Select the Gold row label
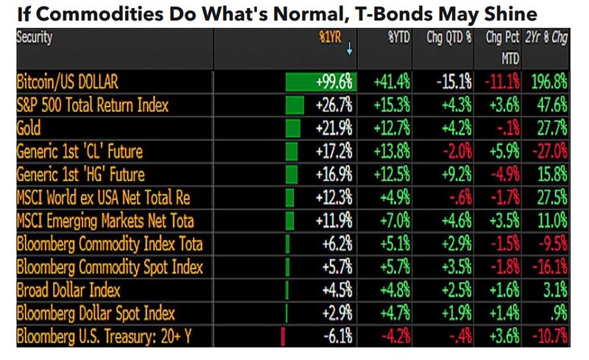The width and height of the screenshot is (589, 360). pyautogui.click(x=29, y=129)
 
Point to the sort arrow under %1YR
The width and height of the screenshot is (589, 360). pyautogui.click(x=349, y=51)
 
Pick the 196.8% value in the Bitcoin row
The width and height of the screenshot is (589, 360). pyautogui.click(x=551, y=82)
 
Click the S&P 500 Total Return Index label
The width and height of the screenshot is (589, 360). pyautogui.click(x=92, y=105)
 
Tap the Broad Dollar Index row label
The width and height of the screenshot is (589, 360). pyautogui.click(x=68, y=290)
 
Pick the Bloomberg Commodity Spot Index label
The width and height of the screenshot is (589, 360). pyautogui.click(x=110, y=267)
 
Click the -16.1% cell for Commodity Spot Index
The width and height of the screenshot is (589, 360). pyautogui.click(x=550, y=267)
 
